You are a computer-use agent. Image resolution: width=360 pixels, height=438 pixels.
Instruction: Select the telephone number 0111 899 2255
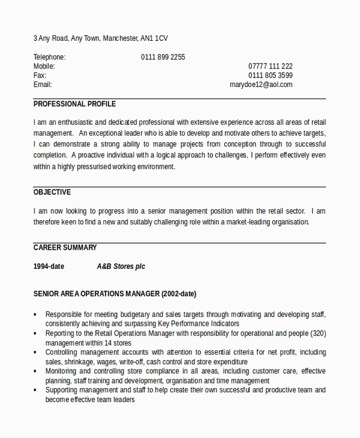click(x=163, y=58)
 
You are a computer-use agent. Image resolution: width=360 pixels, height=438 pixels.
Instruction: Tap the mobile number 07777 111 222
click(x=270, y=67)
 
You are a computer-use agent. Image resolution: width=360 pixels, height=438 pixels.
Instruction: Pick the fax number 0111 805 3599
click(x=270, y=76)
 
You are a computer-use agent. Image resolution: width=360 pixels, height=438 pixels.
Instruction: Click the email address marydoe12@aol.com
click(x=261, y=85)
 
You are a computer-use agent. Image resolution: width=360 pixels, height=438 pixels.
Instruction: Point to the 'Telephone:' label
click(x=49, y=58)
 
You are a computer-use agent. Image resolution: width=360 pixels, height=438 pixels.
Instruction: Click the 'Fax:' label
click(x=40, y=76)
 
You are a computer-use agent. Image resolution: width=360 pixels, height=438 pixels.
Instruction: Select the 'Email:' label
click(x=43, y=85)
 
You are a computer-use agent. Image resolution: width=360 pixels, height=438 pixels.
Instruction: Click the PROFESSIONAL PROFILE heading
click(x=74, y=104)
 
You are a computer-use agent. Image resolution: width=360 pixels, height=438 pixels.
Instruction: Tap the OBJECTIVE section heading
click(x=52, y=192)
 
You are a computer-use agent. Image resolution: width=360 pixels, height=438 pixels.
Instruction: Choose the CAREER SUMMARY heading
click(x=65, y=247)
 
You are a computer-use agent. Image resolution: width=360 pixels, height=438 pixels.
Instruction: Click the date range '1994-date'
click(x=49, y=266)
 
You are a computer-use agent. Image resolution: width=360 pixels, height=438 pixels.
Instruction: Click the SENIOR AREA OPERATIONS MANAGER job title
click(x=115, y=295)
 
